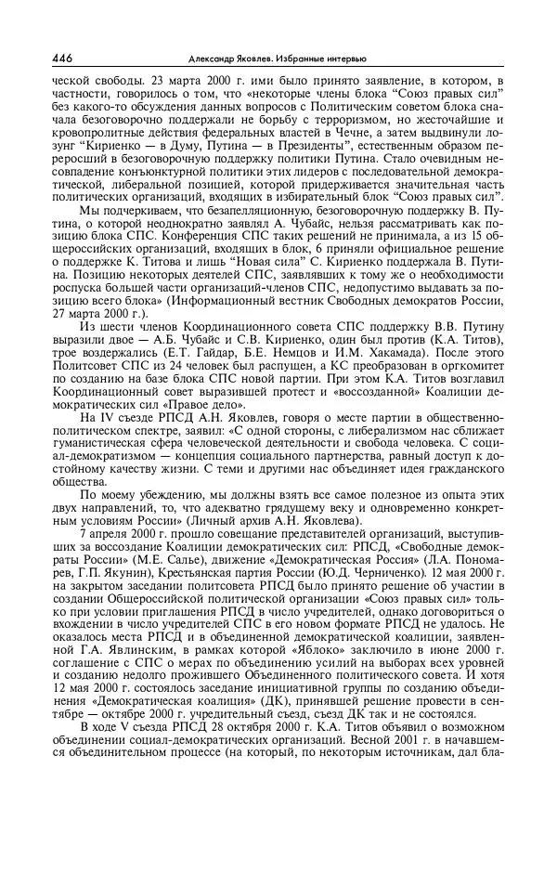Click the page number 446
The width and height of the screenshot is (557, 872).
click(64, 59)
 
